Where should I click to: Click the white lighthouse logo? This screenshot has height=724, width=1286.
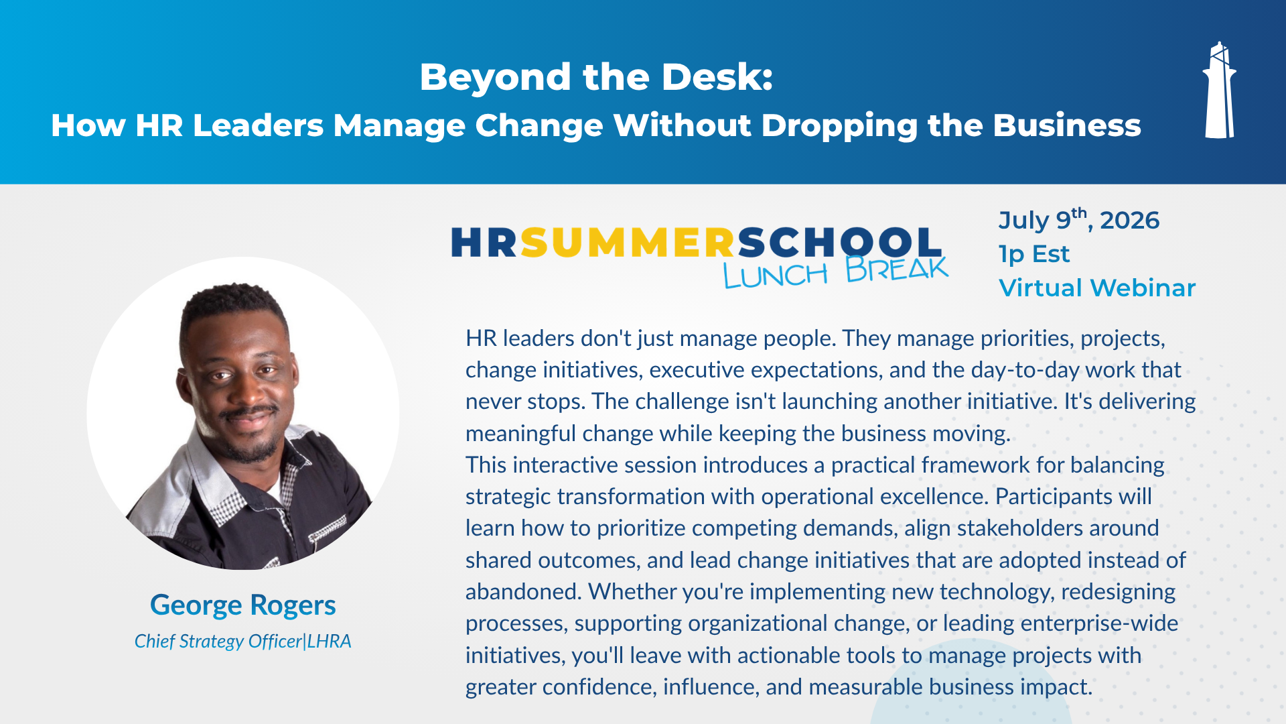[x=1219, y=90]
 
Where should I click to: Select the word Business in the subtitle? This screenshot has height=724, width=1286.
[x=1067, y=125]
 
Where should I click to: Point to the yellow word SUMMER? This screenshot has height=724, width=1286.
[x=628, y=242]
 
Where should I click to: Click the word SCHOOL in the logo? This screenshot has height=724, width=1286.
[x=840, y=242]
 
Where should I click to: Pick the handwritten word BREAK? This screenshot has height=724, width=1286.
[x=897, y=269]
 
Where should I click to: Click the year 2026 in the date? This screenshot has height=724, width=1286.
[x=1129, y=221]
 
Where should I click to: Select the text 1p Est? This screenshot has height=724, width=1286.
[x=1033, y=254]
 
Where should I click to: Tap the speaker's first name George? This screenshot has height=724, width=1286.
[x=196, y=605]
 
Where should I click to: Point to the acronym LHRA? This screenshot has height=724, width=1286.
[x=330, y=641]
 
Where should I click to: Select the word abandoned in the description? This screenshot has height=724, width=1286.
[x=523, y=592]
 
